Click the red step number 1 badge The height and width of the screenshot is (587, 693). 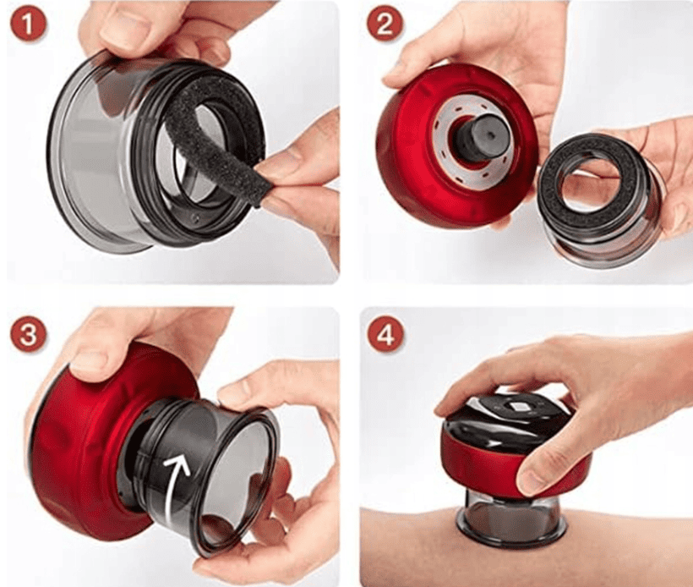[x=27, y=25]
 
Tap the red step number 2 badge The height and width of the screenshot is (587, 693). [x=384, y=24]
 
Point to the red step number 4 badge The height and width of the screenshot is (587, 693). [x=386, y=335]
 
